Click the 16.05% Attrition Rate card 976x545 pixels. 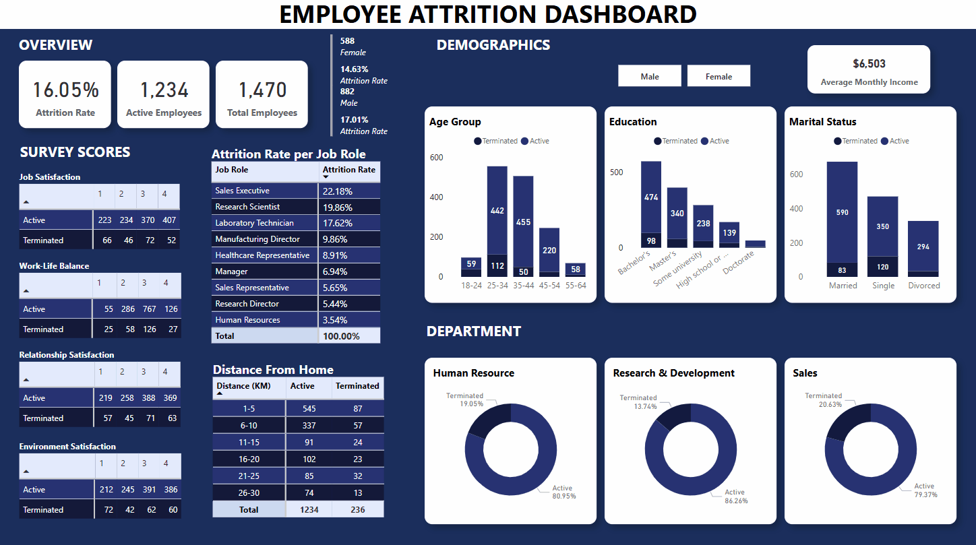click(x=65, y=94)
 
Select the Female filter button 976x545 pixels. click(x=719, y=76)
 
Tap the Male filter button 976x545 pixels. click(x=650, y=76)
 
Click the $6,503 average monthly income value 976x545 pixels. click(x=869, y=64)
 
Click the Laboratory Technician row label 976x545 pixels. click(x=254, y=223)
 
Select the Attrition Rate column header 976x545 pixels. click(x=348, y=170)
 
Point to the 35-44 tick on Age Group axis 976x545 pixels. click(x=523, y=286)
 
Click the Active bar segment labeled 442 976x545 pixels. click(x=497, y=210)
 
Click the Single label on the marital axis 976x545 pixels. click(x=883, y=286)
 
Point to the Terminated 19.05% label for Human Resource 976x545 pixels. click(x=465, y=400)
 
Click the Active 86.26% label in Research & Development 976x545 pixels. click(x=735, y=496)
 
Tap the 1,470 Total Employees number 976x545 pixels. click(x=262, y=90)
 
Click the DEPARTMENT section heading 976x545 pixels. click(x=474, y=331)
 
